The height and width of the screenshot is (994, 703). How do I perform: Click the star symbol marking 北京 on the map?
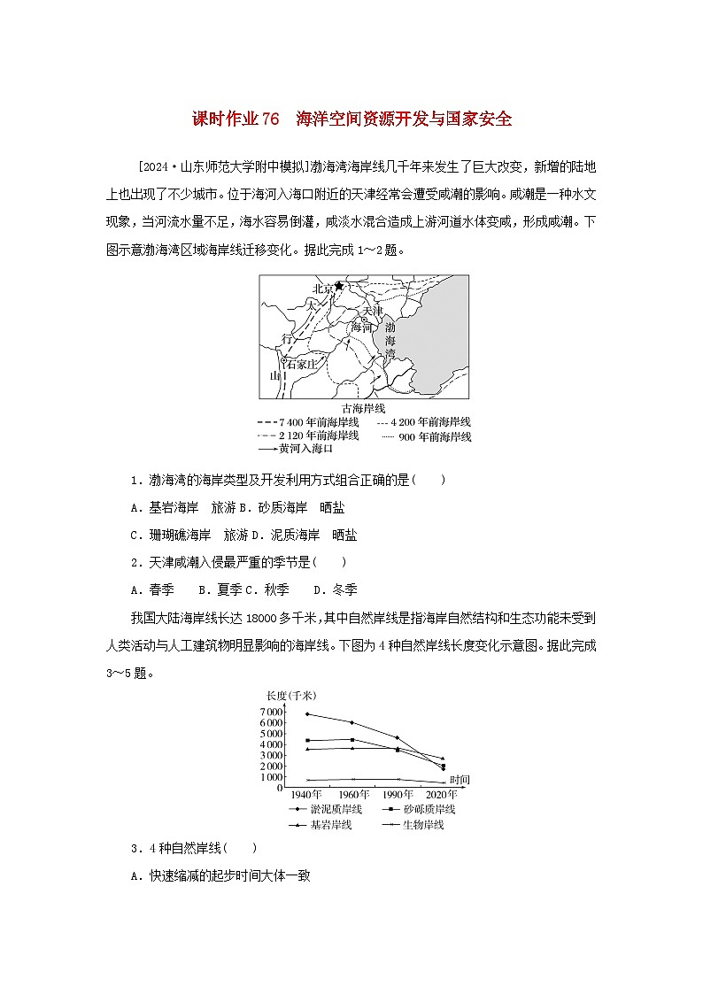coord(338,286)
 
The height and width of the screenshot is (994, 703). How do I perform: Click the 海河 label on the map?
coord(361,327)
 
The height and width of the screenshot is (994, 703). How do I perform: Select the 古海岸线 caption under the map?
coord(364,408)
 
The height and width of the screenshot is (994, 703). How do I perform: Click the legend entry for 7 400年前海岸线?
coord(307,422)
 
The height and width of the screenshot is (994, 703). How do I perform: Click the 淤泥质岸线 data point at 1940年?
coord(307,713)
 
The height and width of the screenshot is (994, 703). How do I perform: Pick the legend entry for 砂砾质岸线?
coord(416,809)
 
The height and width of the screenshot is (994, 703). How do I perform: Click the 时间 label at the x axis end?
coord(459,779)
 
